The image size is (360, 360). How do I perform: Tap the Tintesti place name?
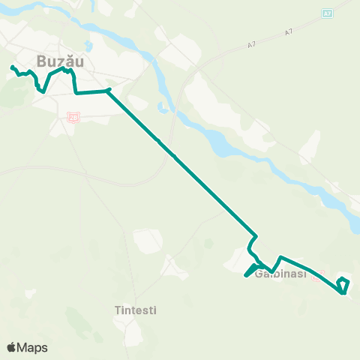coord(137,310)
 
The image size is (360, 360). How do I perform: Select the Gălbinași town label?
coord(281,274)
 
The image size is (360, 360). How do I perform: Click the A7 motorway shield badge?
coord(327,13)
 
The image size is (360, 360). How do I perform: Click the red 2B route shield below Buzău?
coord(73,117)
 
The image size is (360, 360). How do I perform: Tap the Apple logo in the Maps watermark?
coord(12,347)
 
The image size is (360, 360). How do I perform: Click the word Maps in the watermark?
coord(32,347)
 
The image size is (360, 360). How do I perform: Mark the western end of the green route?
coord(12,68)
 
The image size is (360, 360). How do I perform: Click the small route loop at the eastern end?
coord(343,285)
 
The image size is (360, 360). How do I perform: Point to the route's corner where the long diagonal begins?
coord(109,90)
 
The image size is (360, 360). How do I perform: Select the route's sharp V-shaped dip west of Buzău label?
coord(42,91)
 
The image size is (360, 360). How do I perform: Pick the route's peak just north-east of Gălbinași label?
coord(280,258)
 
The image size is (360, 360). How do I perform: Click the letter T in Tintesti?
coord(118,310)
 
